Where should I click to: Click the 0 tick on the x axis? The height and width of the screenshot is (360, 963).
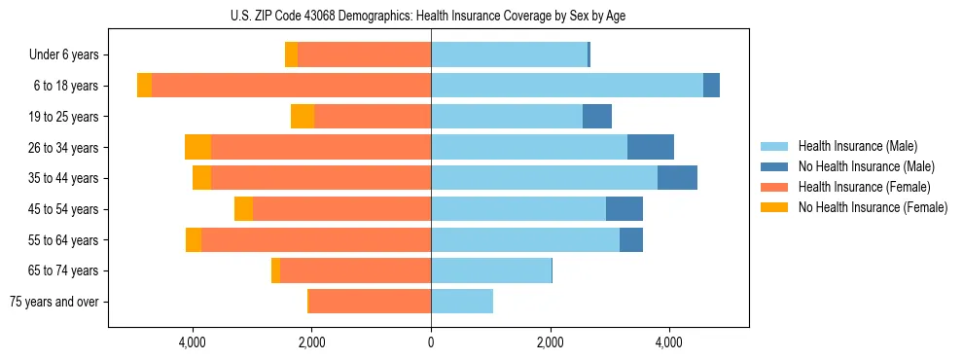pyautogui.click(x=431, y=342)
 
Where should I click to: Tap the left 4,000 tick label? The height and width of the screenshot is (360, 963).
pyautogui.click(x=193, y=342)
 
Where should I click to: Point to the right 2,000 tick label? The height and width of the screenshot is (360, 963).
pyautogui.click(x=551, y=342)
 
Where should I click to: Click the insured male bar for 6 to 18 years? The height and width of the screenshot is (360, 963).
pyautogui.click(x=567, y=86)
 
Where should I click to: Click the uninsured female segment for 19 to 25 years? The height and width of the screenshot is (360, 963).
pyautogui.click(x=303, y=117)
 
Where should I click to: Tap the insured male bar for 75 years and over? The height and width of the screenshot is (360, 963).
pyautogui.click(x=462, y=302)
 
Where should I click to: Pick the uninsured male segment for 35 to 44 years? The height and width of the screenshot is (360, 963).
pyautogui.click(x=677, y=178)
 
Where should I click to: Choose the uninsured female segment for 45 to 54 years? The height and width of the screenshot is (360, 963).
pyautogui.click(x=243, y=209)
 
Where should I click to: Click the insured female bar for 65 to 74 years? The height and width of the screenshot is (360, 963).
pyautogui.click(x=355, y=270)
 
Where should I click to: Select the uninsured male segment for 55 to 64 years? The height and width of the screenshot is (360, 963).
pyautogui.click(x=631, y=239)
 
